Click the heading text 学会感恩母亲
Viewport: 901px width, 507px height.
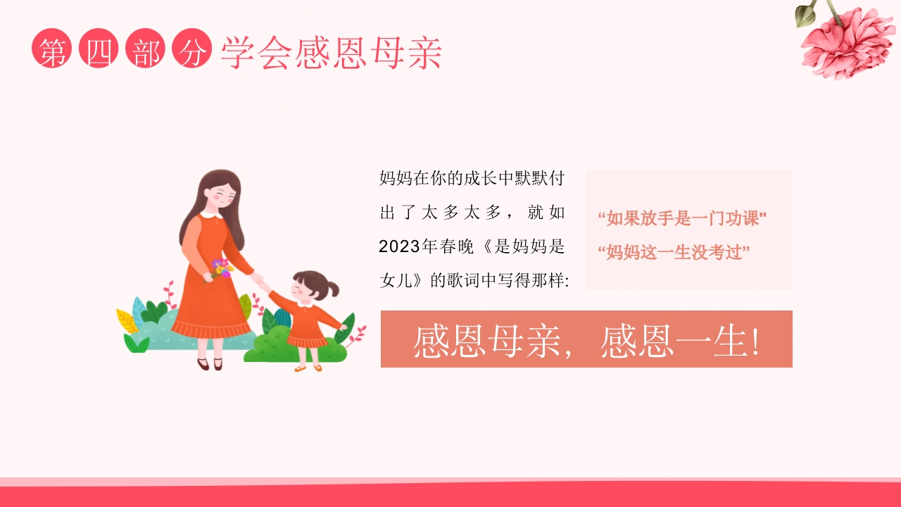tap(331, 52)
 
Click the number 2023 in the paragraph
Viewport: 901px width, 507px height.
tap(399, 246)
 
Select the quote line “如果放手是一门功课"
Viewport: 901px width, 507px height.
tap(681, 218)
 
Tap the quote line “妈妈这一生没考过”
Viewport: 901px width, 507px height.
tap(674, 252)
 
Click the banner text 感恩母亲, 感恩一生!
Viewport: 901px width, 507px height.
tap(586, 340)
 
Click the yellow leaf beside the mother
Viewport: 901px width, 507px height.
tap(127, 322)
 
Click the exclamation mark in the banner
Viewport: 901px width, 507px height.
tap(755, 341)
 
